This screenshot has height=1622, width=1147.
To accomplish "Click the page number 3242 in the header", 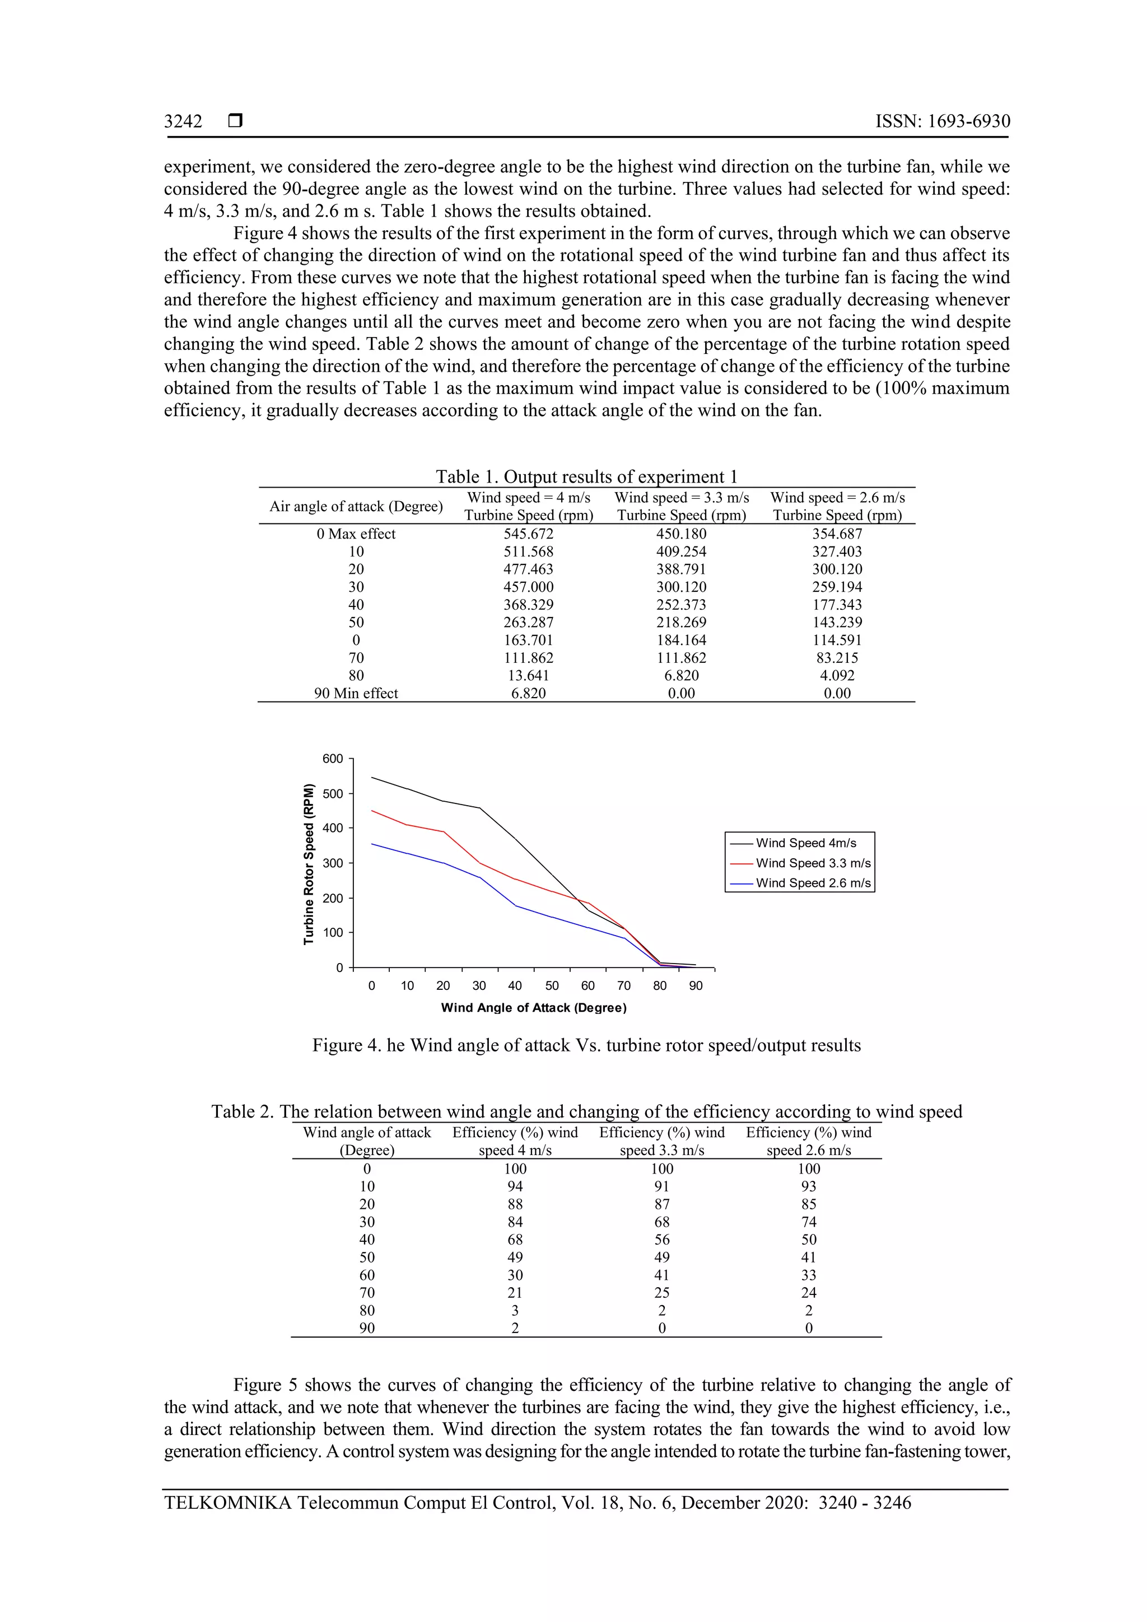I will [x=183, y=121].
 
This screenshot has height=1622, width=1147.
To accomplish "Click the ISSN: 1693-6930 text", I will [x=942, y=121].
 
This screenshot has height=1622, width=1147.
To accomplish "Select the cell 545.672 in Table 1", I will [x=528, y=534].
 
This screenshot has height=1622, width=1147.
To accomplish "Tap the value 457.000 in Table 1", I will [x=528, y=587].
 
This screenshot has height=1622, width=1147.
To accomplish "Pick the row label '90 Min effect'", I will [x=356, y=693].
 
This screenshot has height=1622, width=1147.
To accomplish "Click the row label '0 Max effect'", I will [x=356, y=534].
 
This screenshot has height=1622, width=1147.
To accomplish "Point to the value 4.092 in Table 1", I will [x=837, y=675].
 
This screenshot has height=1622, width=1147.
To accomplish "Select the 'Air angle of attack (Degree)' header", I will [x=356, y=507].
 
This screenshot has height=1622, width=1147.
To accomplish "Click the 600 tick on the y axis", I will [x=332, y=759].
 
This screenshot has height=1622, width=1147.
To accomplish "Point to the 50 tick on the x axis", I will [x=552, y=985].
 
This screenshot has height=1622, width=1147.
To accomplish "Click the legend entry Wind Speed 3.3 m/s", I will [x=813, y=863].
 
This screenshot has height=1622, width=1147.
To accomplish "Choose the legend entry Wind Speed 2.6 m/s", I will [x=813, y=883].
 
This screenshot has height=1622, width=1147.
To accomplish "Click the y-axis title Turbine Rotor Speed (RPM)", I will [x=308, y=863].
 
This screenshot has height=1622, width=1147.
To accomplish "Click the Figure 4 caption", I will [x=586, y=1045].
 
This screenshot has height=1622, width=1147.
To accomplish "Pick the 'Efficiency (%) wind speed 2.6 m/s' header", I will [x=809, y=1141].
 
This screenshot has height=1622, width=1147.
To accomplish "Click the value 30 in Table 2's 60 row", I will [x=515, y=1275].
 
